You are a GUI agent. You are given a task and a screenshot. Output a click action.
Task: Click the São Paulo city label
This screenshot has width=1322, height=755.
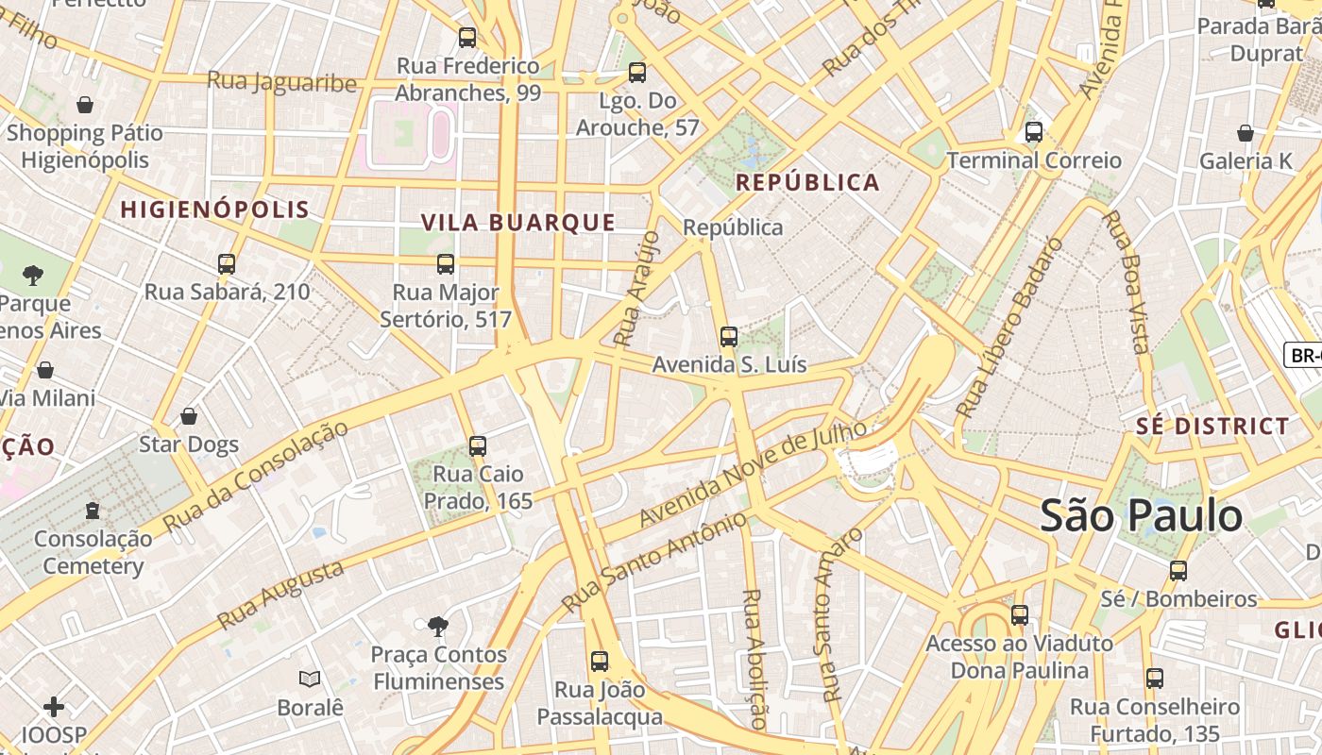1141,516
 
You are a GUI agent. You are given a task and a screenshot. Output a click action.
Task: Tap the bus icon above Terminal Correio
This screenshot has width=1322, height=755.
1034,132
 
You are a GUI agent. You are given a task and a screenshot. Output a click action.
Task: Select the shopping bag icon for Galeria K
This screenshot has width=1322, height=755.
1246,133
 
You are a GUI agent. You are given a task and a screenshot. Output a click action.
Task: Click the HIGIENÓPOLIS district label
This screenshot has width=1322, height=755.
214,210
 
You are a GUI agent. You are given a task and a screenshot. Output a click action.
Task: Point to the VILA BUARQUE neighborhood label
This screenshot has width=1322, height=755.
517,224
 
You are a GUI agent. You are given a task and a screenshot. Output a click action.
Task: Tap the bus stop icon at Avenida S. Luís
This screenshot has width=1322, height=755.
728,336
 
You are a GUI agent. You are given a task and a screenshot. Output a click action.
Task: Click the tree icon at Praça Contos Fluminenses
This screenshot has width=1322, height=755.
437,625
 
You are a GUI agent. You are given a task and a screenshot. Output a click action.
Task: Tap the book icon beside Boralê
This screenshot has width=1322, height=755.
310,679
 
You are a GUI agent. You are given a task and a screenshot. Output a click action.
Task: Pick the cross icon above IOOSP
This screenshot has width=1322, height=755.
54,706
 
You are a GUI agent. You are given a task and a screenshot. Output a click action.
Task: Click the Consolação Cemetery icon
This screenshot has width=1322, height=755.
92,511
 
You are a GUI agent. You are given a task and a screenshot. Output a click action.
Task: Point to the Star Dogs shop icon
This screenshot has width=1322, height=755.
189,416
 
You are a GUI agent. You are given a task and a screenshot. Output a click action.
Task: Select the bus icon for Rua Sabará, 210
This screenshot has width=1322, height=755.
227,263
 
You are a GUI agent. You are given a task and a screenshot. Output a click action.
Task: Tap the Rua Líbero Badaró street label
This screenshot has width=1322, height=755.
1009,328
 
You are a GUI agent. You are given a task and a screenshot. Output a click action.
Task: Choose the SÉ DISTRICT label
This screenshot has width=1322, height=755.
1212,427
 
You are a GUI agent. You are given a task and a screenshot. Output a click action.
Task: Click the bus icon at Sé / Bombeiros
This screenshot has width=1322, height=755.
1178,570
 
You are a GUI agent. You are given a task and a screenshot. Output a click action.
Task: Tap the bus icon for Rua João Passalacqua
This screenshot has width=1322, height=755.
599,661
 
